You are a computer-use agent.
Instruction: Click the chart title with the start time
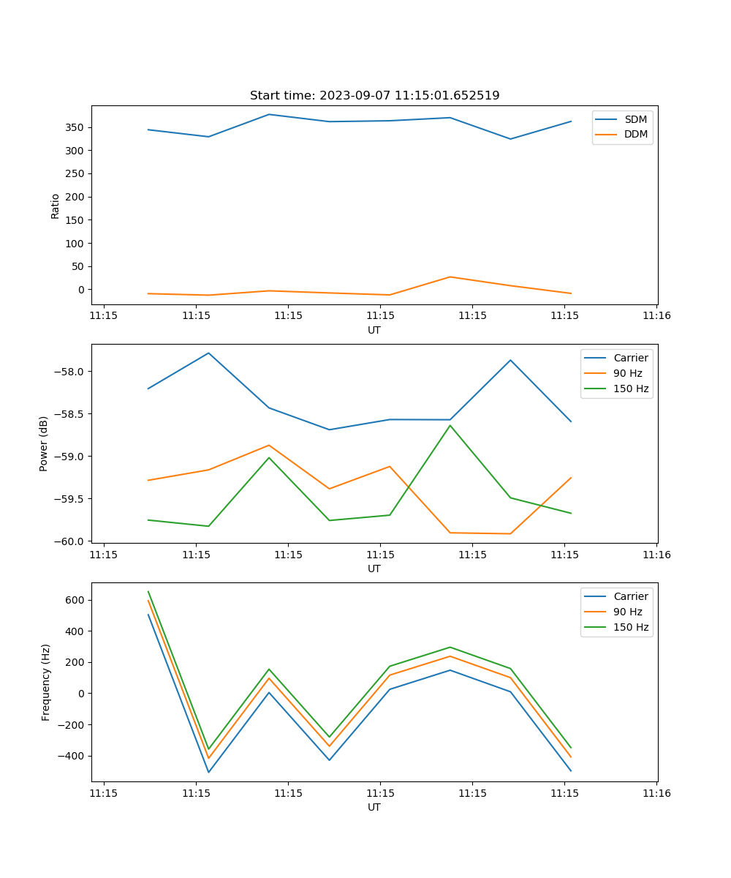click(374, 96)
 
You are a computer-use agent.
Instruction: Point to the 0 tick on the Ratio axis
click(81, 290)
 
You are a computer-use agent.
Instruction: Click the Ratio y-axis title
click(56, 206)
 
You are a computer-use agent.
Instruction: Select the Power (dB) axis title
click(45, 443)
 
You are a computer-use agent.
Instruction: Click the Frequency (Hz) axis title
click(45, 682)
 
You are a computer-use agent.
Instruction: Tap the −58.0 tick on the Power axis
click(71, 372)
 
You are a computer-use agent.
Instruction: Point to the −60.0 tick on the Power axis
click(71, 541)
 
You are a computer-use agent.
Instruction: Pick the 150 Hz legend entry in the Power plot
click(631, 389)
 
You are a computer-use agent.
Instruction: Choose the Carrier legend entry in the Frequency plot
click(630, 596)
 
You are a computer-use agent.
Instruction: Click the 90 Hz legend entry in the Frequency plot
click(628, 612)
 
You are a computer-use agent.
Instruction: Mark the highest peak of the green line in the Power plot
click(450, 425)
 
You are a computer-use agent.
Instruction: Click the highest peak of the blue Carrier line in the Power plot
click(208, 353)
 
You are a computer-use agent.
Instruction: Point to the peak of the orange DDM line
click(450, 277)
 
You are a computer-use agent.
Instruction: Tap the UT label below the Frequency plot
click(374, 807)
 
